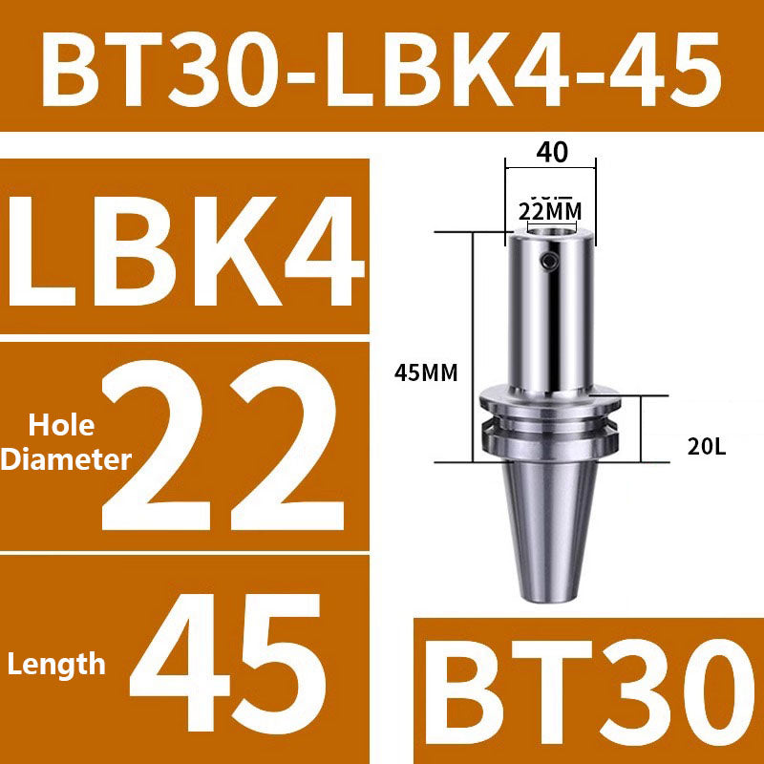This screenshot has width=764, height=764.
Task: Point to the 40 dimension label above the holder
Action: [x=551, y=152]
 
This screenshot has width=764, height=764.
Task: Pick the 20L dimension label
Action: [x=707, y=446]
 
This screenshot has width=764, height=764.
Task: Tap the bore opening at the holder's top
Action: [x=551, y=229]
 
